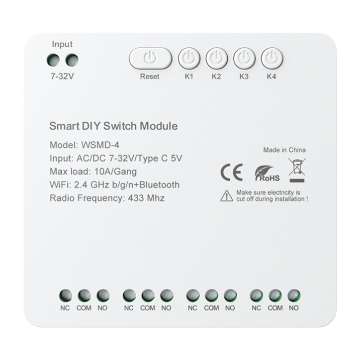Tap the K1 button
coord(188,59)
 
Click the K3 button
coord(244,59)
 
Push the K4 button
coord(271,59)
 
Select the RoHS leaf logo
coord(267,173)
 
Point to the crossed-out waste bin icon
coord(297,168)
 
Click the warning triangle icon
coord(226,195)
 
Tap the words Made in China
coord(284,150)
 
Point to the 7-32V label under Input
coord(62,77)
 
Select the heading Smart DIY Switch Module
coord(113,126)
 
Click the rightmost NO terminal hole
coord(293,295)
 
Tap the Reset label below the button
coord(150,77)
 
